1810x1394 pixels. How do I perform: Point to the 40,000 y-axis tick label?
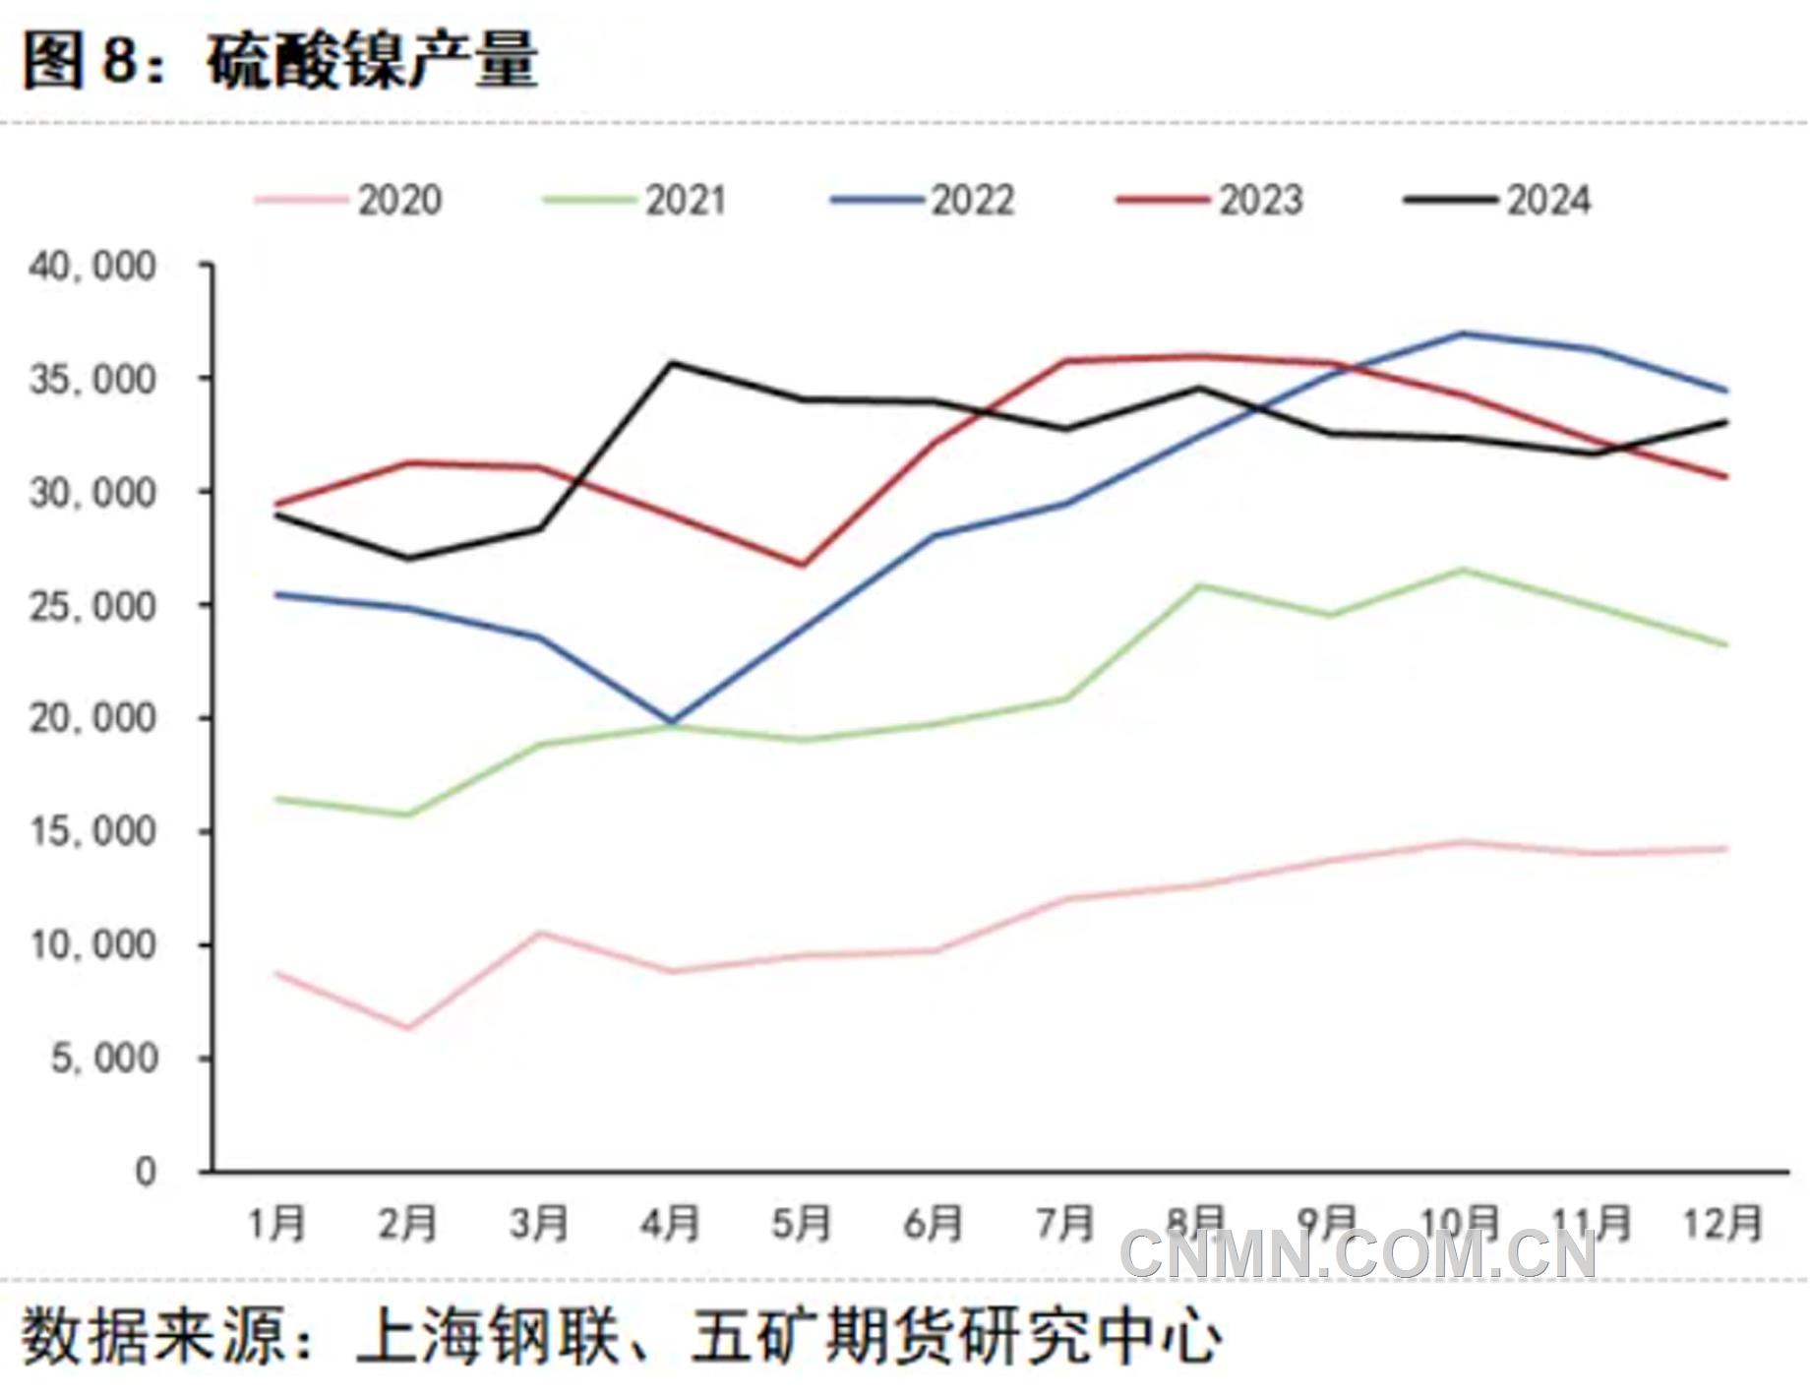pyautogui.click(x=92, y=267)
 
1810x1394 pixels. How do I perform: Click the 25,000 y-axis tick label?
pyautogui.click(x=92, y=606)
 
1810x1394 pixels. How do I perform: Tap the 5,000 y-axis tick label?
pyautogui.click(x=104, y=1059)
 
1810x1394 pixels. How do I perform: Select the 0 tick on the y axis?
pyautogui.click(x=146, y=1172)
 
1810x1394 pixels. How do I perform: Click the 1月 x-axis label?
pyautogui.click(x=276, y=1224)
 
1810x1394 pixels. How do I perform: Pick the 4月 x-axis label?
pyautogui.click(x=670, y=1224)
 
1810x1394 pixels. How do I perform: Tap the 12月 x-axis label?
pyautogui.click(x=1722, y=1224)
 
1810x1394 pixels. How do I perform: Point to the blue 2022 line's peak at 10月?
pyautogui.click(x=1463, y=333)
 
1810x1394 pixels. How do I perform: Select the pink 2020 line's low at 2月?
pyautogui.click(x=408, y=1028)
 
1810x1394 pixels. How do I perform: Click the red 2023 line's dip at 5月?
pyautogui.click(x=803, y=565)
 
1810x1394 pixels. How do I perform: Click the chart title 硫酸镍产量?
pyautogui.click(x=372, y=61)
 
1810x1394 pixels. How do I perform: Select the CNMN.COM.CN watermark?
pyautogui.click(x=1357, y=1255)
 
